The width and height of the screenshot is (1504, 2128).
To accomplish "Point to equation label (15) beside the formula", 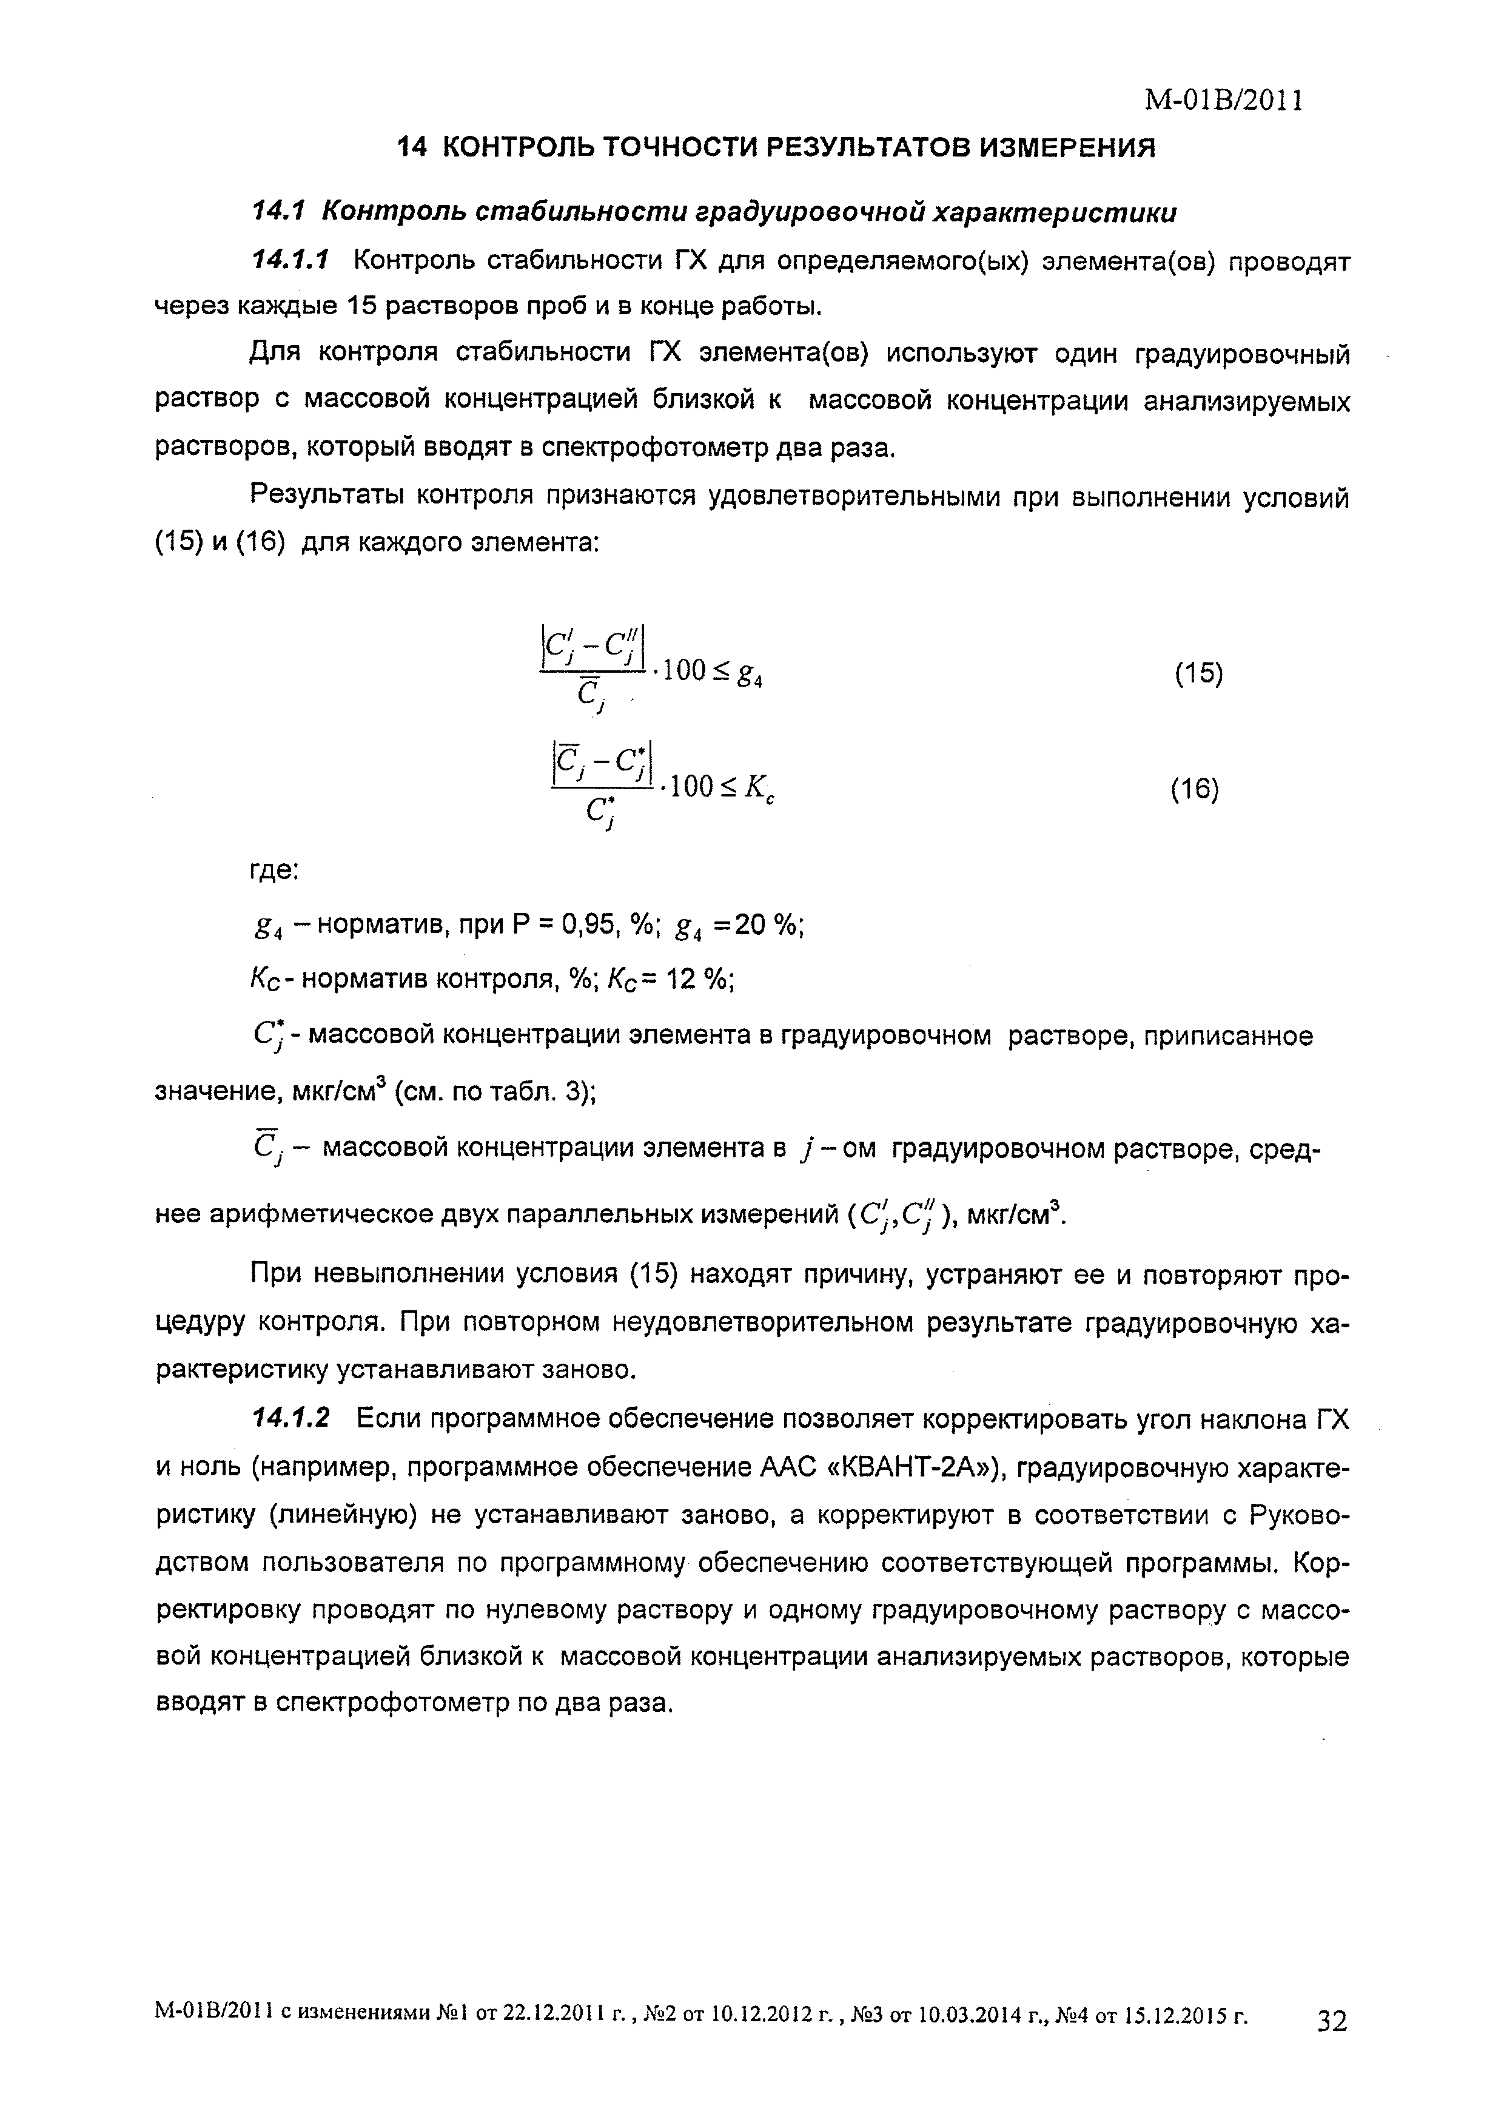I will (x=1198, y=674).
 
